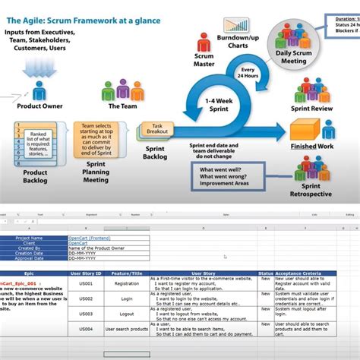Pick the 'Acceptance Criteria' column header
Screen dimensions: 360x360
309,271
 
